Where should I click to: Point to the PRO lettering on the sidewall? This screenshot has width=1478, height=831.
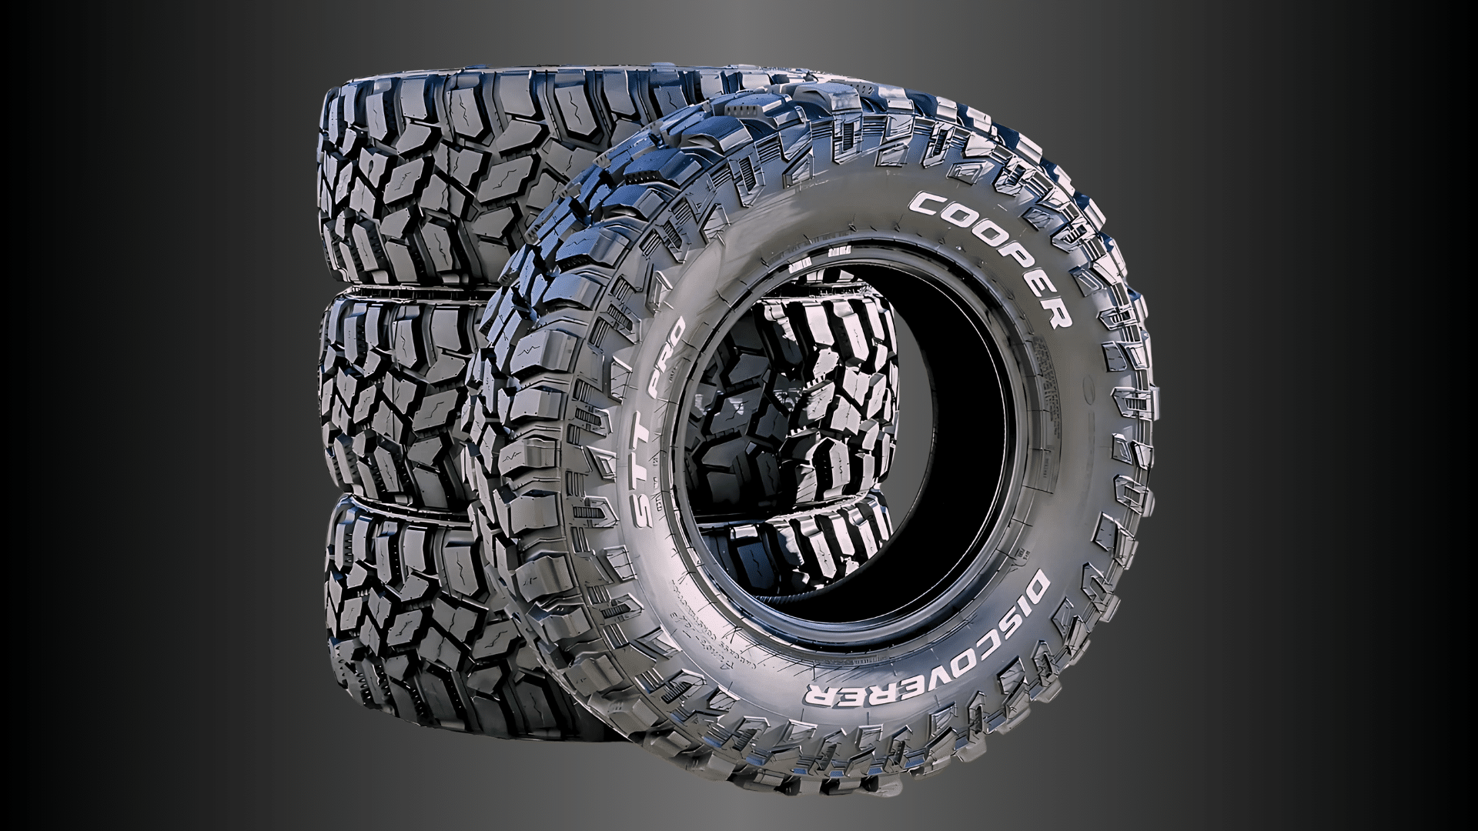(x=669, y=354)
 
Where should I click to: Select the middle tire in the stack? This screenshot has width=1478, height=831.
(x=400, y=400)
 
